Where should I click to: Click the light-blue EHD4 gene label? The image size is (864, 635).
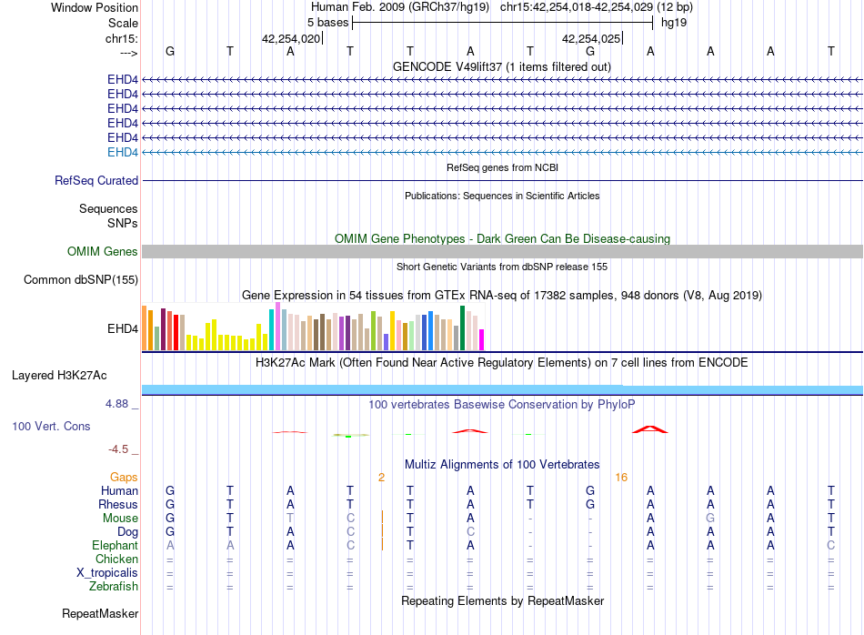[x=123, y=152]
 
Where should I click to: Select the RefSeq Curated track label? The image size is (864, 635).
[x=96, y=181]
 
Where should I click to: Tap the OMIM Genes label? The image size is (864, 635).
[x=102, y=251]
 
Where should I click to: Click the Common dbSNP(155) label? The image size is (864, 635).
[x=81, y=280]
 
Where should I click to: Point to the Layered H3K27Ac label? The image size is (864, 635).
[x=59, y=376]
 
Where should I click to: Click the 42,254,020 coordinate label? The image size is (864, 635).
[x=291, y=38]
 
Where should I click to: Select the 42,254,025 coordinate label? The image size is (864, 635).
[x=591, y=38]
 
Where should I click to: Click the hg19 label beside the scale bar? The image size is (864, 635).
[x=674, y=23]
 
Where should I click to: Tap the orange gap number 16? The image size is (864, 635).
[x=621, y=478]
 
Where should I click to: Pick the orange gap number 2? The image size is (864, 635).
[x=381, y=478]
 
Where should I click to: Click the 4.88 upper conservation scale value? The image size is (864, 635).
[x=116, y=404]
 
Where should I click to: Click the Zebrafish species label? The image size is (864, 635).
[x=114, y=587]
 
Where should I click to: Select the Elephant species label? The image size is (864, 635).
[x=116, y=546]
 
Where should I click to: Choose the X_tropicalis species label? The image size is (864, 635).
[x=107, y=573]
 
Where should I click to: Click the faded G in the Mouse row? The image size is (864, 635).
[x=710, y=519]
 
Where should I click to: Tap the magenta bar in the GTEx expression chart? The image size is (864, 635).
[x=482, y=339]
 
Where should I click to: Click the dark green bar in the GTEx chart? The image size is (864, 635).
[x=462, y=328]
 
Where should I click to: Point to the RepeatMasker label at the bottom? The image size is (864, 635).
[x=100, y=614]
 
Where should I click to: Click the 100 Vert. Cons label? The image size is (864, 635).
[x=51, y=427]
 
